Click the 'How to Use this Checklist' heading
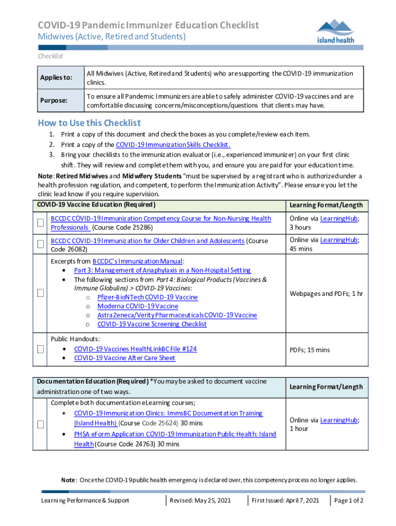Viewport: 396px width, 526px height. click(89, 123)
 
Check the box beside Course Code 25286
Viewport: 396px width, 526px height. click(40, 223)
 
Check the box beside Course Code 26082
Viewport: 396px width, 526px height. click(40, 245)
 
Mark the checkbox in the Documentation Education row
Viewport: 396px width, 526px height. click(40, 424)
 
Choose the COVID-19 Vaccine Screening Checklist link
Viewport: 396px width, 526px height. click(152, 324)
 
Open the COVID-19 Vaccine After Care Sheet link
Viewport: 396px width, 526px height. click(124, 358)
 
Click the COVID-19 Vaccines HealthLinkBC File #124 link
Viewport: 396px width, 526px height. click(135, 349)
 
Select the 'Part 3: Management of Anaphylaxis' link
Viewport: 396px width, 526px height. click(163, 270)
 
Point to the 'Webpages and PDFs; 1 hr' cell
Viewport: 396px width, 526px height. click(326, 294)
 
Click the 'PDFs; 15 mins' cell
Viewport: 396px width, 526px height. click(310, 350)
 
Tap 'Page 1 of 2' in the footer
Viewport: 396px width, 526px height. click(349, 500)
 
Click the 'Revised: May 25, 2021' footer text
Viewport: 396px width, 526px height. click(200, 500)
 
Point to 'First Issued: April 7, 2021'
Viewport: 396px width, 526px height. click(285, 500)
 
